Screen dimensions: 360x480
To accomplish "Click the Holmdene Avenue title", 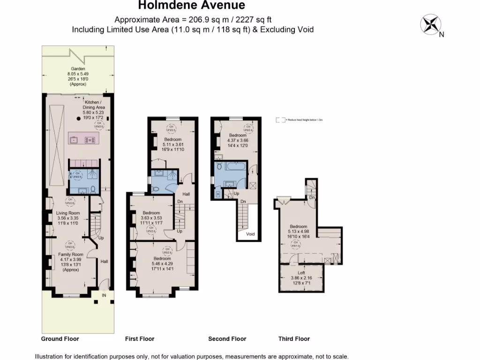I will pyautogui.click(x=191, y=6).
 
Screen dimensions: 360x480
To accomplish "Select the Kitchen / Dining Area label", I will pyautogui.click(x=94, y=107).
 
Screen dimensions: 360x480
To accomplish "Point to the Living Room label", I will pyautogui.click(x=68, y=218).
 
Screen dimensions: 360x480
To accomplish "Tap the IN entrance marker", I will pyautogui.click(x=105, y=295).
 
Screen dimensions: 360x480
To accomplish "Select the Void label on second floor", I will pyautogui.click(x=250, y=234).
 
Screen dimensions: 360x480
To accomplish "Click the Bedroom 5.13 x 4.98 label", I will pyautogui.click(x=298, y=231).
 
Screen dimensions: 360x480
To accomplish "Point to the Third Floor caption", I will pyautogui.click(x=294, y=339).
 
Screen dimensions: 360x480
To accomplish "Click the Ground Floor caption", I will pyautogui.click(x=60, y=339).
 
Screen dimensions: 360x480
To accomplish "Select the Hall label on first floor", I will pyautogui.click(x=186, y=194).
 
